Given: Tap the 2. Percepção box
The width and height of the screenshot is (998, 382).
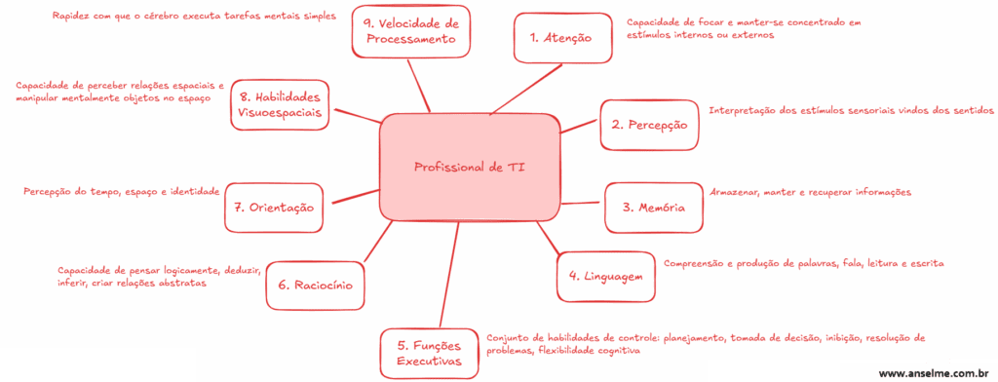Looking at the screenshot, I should (649, 125).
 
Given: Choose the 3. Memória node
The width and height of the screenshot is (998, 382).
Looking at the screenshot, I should (653, 207).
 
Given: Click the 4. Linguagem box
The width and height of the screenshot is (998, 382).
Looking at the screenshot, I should (605, 276).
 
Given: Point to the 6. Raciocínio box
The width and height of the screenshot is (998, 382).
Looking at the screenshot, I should (315, 286).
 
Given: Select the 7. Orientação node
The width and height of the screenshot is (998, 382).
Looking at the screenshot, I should (274, 207).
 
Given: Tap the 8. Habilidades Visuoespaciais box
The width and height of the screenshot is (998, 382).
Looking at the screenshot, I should (281, 105).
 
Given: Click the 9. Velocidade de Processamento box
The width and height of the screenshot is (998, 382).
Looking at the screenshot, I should (412, 31).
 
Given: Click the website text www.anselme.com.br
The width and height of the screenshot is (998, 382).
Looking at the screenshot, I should (934, 372).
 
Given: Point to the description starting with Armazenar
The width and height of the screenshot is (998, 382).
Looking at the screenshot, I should (810, 192).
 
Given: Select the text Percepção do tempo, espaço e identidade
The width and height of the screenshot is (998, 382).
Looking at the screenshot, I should (122, 192).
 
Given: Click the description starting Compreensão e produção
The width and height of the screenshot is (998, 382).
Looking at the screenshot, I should (804, 263).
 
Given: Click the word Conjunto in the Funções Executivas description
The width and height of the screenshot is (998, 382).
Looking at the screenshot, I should (510, 337).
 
